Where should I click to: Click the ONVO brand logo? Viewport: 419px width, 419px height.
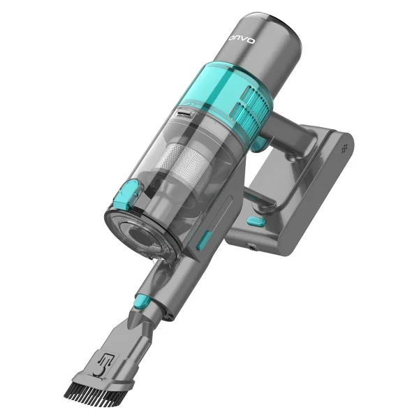(242, 40)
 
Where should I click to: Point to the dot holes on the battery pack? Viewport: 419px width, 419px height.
(345, 148)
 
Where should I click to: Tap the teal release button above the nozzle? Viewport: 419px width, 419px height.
(142, 300)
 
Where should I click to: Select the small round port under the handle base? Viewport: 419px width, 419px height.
(251, 247)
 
